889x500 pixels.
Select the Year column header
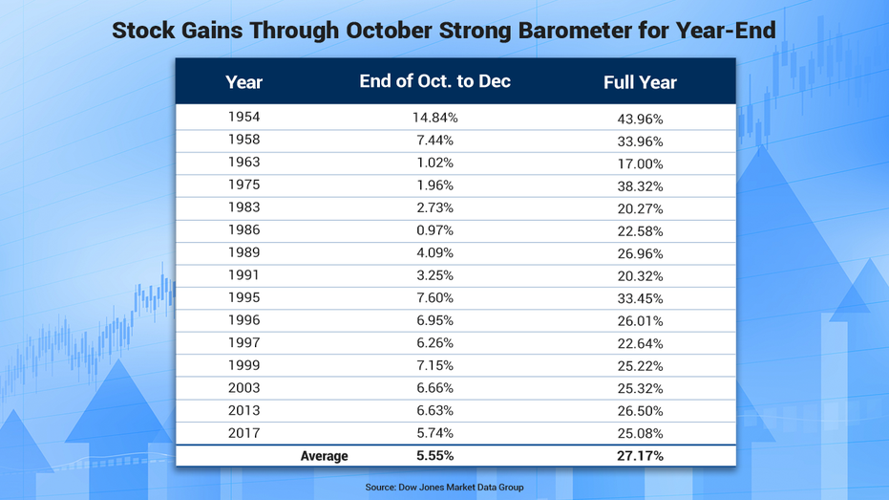click(x=243, y=82)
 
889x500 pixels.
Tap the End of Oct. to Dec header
click(x=434, y=81)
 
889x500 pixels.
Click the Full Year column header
click(x=640, y=82)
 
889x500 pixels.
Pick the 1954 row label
click(x=243, y=117)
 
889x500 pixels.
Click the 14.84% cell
click(x=434, y=118)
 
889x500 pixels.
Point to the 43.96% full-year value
click(x=640, y=119)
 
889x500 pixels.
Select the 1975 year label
click(x=243, y=185)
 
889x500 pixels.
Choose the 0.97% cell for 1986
click(x=434, y=230)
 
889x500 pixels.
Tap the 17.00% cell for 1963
click(x=640, y=164)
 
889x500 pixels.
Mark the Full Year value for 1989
click(x=640, y=253)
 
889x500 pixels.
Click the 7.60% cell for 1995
click(x=434, y=298)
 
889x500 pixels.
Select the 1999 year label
click(x=243, y=365)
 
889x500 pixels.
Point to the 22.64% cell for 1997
click(x=640, y=343)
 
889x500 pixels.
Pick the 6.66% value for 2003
click(x=434, y=387)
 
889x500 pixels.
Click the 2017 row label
click(x=243, y=433)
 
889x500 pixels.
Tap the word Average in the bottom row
click(x=325, y=456)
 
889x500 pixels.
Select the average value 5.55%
click(x=434, y=456)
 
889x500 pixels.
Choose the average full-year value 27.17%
click(x=640, y=456)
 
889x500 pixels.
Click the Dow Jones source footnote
click(x=445, y=487)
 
